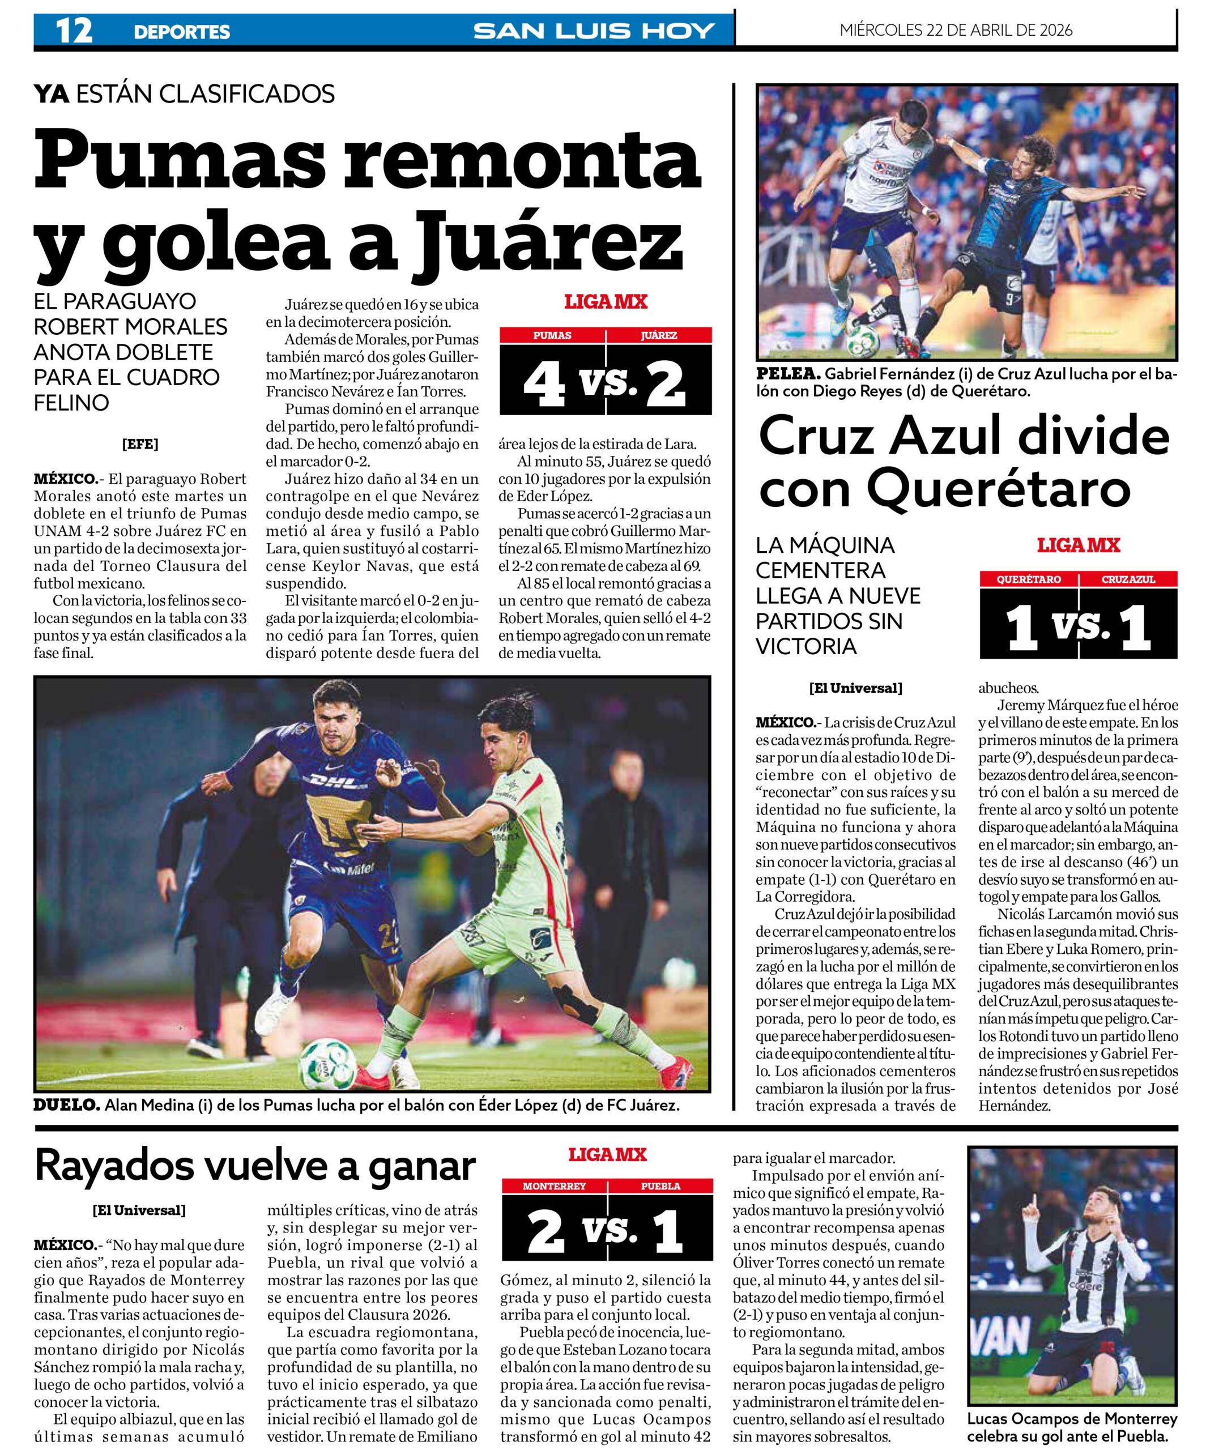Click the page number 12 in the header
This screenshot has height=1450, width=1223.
click(x=74, y=31)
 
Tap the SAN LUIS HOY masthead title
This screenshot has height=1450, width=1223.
click(x=594, y=31)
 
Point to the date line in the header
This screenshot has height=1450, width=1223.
click(x=956, y=30)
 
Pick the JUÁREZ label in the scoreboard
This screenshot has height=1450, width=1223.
click(x=659, y=335)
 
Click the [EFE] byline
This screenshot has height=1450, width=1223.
click(x=140, y=444)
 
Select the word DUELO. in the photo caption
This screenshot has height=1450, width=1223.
click(x=66, y=1106)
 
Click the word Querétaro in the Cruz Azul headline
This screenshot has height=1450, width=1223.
click(x=998, y=489)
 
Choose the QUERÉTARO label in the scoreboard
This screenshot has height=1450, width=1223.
click(x=1029, y=579)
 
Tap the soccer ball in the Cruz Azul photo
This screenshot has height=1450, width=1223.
click(x=864, y=335)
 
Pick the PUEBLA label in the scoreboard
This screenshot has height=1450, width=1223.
click(x=660, y=1186)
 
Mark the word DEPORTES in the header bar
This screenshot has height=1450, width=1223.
click(x=182, y=32)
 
